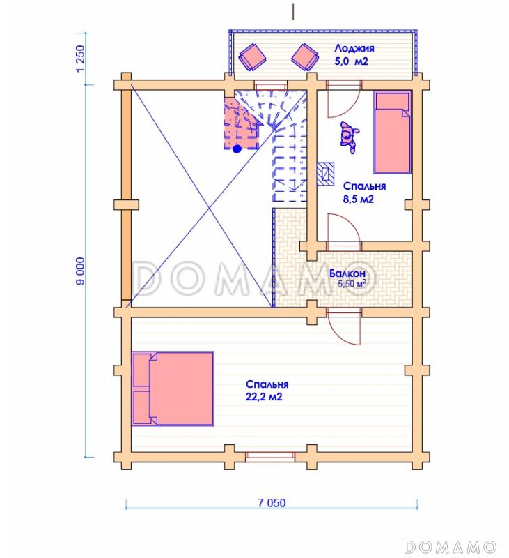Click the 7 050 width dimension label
click(x=272, y=503)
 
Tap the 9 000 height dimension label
click(x=81, y=271)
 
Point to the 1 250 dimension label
click(x=81, y=58)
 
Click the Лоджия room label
click(x=354, y=48)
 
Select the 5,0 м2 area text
click(x=352, y=61)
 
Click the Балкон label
click(x=347, y=273)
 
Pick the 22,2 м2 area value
click(x=264, y=396)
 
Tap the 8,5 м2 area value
click(x=359, y=199)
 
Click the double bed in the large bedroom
click(x=173, y=389)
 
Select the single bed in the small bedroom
click(x=392, y=133)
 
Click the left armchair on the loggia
click(x=253, y=57)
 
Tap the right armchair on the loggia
click(x=305, y=57)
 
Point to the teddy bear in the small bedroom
click(x=350, y=137)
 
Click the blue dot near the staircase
click(x=237, y=149)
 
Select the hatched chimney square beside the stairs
click(x=325, y=174)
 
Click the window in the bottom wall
click(x=270, y=457)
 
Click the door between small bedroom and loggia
click(x=344, y=99)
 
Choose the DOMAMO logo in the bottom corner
click(x=450, y=546)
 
